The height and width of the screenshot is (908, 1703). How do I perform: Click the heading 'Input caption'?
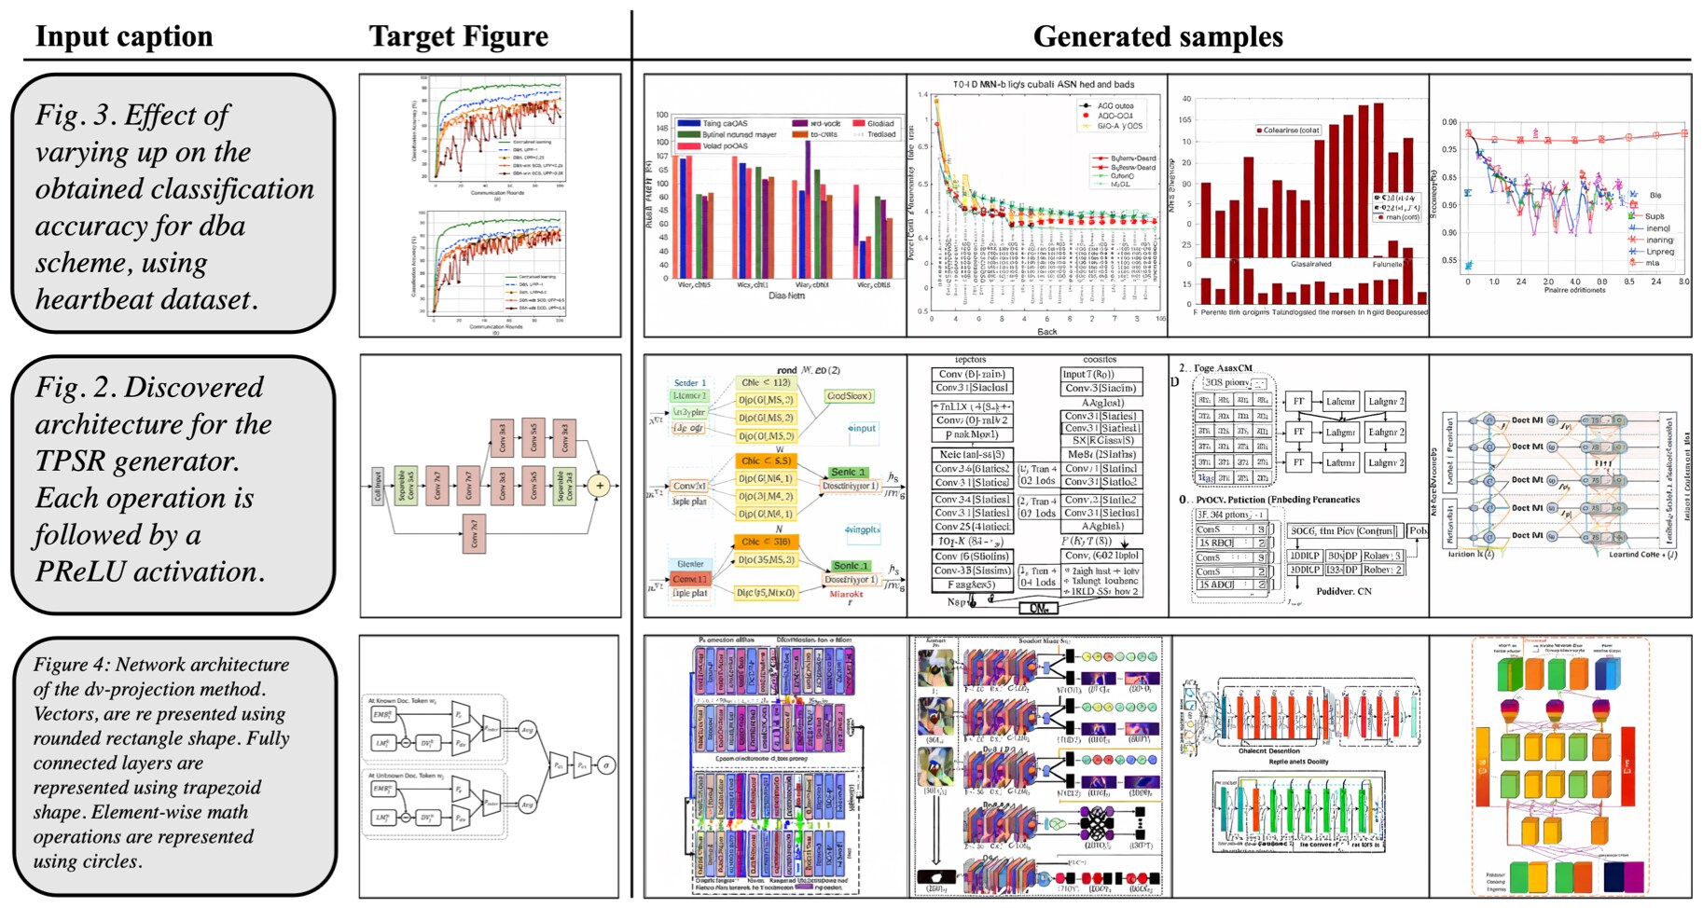point(124,36)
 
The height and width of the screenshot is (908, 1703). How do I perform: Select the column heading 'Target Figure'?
point(458,36)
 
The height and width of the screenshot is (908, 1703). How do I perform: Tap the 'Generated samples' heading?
point(1157,36)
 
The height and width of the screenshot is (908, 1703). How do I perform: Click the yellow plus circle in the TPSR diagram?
point(600,485)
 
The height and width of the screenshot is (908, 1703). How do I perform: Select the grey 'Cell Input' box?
point(378,486)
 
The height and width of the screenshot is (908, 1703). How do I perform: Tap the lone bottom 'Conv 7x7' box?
point(474,533)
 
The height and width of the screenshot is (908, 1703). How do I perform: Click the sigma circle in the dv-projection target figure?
point(606,765)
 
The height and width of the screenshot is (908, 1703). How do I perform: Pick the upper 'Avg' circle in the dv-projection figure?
point(527,730)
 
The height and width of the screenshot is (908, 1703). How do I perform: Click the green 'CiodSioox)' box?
point(848,396)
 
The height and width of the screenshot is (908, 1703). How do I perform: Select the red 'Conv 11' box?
point(690,579)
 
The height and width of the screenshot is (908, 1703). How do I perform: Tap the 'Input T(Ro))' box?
point(1101,374)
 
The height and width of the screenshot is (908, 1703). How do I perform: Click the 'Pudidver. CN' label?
point(1343,591)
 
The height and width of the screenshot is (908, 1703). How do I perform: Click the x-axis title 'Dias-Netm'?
point(786,296)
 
